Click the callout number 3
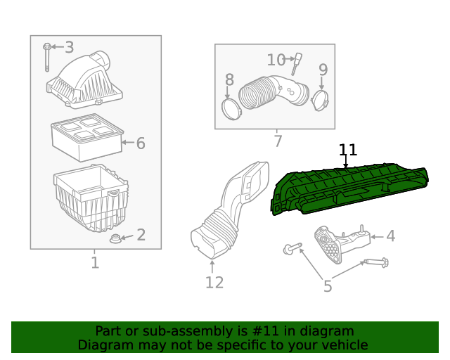point(69,47)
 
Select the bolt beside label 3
point(46,56)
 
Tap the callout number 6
point(141,143)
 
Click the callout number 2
point(141,235)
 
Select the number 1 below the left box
point(95,263)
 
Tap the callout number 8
point(229,79)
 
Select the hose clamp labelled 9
point(321,99)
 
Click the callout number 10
point(276,60)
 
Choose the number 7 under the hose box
point(278,141)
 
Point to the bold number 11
point(348,150)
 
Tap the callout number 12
point(214,283)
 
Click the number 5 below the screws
point(328,285)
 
